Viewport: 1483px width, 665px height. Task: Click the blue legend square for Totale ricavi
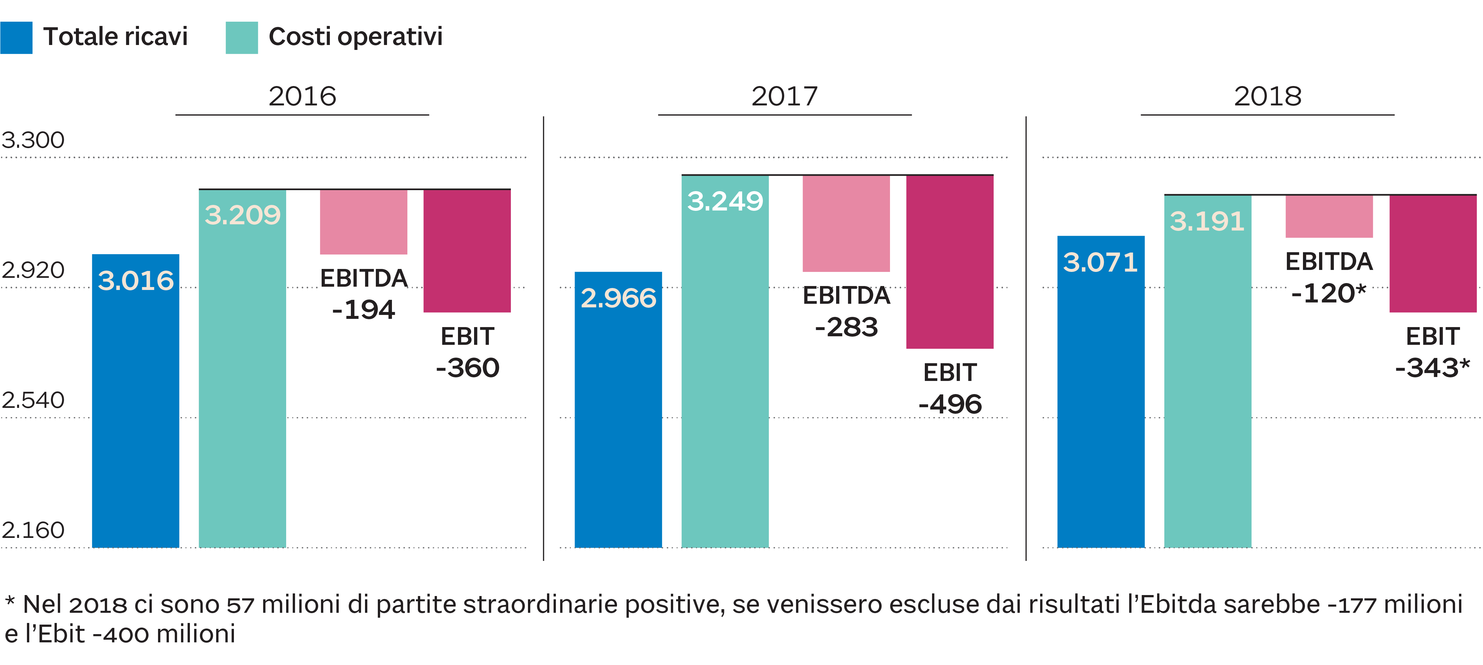click(x=16, y=38)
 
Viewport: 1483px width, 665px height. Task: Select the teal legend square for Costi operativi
click(x=242, y=38)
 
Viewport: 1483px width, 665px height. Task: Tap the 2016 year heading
click(x=302, y=96)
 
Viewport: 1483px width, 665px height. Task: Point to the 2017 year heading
click(x=785, y=96)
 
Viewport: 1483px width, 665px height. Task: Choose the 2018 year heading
click(x=1268, y=96)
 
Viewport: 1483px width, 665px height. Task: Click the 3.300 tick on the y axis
click(x=33, y=140)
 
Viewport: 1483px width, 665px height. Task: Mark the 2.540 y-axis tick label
click(x=33, y=400)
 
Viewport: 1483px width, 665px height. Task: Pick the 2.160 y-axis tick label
click(x=33, y=530)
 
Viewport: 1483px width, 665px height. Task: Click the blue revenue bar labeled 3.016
click(x=136, y=403)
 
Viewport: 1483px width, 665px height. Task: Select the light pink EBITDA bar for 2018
click(x=1329, y=216)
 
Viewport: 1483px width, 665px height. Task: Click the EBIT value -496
click(x=950, y=404)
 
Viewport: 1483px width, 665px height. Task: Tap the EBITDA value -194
click(x=364, y=310)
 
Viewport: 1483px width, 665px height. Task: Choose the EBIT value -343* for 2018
click(x=1432, y=367)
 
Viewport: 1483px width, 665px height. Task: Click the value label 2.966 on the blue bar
click(x=618, y=298)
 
